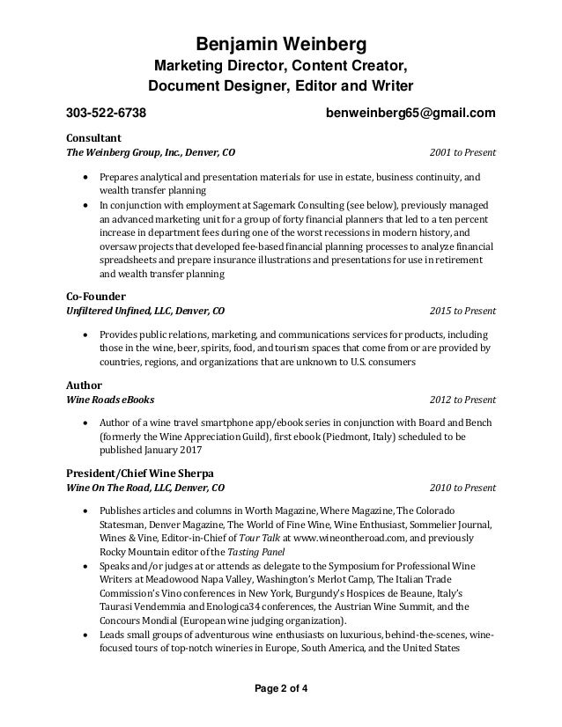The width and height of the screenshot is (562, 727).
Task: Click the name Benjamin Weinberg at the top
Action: (x=280, y=45)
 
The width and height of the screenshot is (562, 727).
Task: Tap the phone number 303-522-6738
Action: (x=107, y=114)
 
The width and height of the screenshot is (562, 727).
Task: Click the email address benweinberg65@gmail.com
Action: (x=410, y=114)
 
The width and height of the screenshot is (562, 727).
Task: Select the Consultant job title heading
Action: (x=94, y=137)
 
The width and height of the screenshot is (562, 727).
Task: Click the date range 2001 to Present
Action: (x=462, y=152)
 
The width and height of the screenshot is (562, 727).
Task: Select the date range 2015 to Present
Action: (x=462, y=312)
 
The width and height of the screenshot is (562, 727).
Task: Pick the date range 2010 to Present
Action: (x=462, y=486)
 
